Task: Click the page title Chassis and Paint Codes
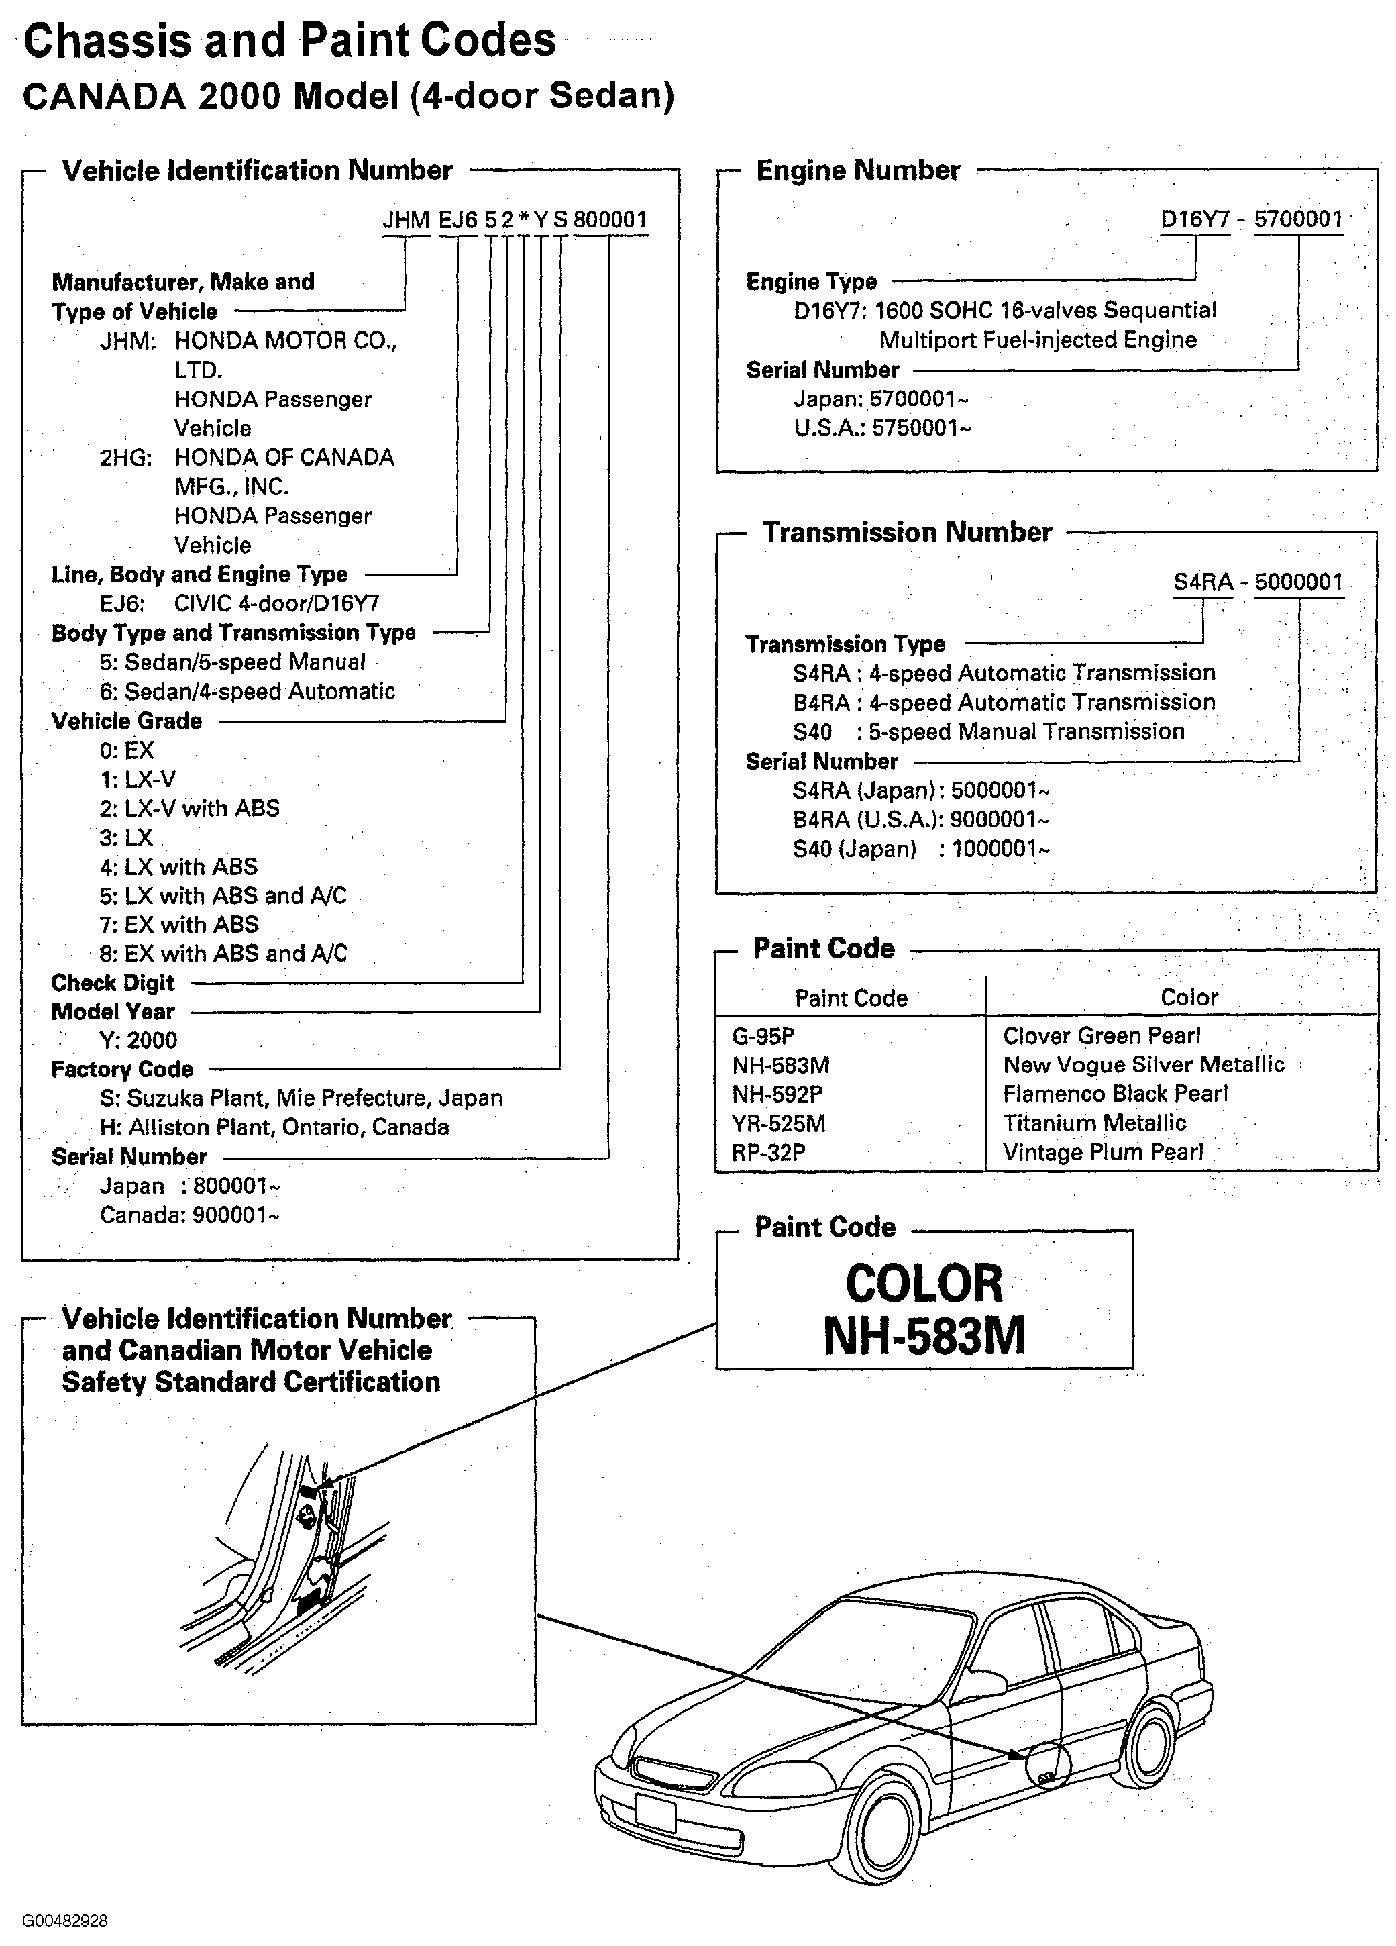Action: (x=289, y=40)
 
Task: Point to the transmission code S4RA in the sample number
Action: (x=1202, y=582)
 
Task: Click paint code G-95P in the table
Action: (x=763, y=1037)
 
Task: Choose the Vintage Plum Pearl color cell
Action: (x=1103, y=1152)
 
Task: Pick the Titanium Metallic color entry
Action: (x=1094, y=1123)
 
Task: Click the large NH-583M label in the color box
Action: (x=924, y=1336)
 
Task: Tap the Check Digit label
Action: (x=113, y=982)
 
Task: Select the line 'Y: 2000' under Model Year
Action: (x=138, y=1041)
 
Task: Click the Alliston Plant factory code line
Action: (x=274, y=1127)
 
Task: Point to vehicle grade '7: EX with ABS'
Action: (x=178, y=924)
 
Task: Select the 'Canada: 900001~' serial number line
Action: (x=189, y=1215)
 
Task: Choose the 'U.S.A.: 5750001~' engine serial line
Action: (x=881, y=427)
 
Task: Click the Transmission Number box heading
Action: (x=907, y=533)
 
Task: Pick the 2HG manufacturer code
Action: (x=125, y=458)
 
